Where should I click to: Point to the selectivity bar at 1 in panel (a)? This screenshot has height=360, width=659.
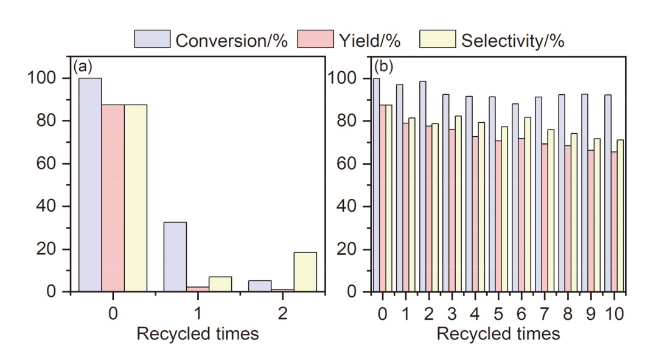pyautogui.click(x=220, y=284)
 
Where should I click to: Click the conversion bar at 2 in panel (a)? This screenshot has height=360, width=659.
pyautogui.click(x=260, y=286)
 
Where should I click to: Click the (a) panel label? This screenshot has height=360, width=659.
pyautogui.click(x=83, y=66)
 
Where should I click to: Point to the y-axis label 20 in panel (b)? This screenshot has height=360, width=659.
pyautogui.click(x=346, y=249)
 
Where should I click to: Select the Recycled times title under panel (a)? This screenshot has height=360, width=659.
pyautogui.click(x=198, y=334)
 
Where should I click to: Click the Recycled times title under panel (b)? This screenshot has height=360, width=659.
pyautogui.click(x=498, y=334)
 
